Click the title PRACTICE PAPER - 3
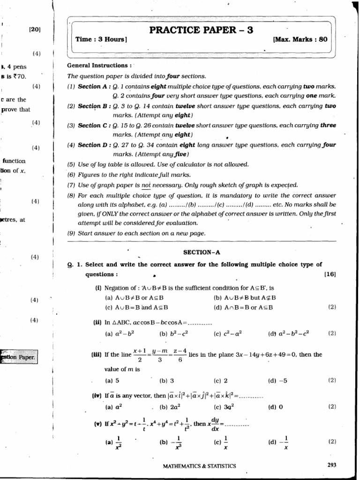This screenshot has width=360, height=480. [x=201, y=30]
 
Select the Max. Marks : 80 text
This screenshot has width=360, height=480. [x=300, y=40]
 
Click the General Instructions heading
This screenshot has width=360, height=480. [x=99, y=66]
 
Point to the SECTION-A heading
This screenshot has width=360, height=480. [x=201, y=252]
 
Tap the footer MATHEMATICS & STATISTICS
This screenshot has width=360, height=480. [x=199, y=466]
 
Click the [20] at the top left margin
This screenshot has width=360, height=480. [x=35, y=29]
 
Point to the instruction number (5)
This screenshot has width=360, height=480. [x=71, y=165]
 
